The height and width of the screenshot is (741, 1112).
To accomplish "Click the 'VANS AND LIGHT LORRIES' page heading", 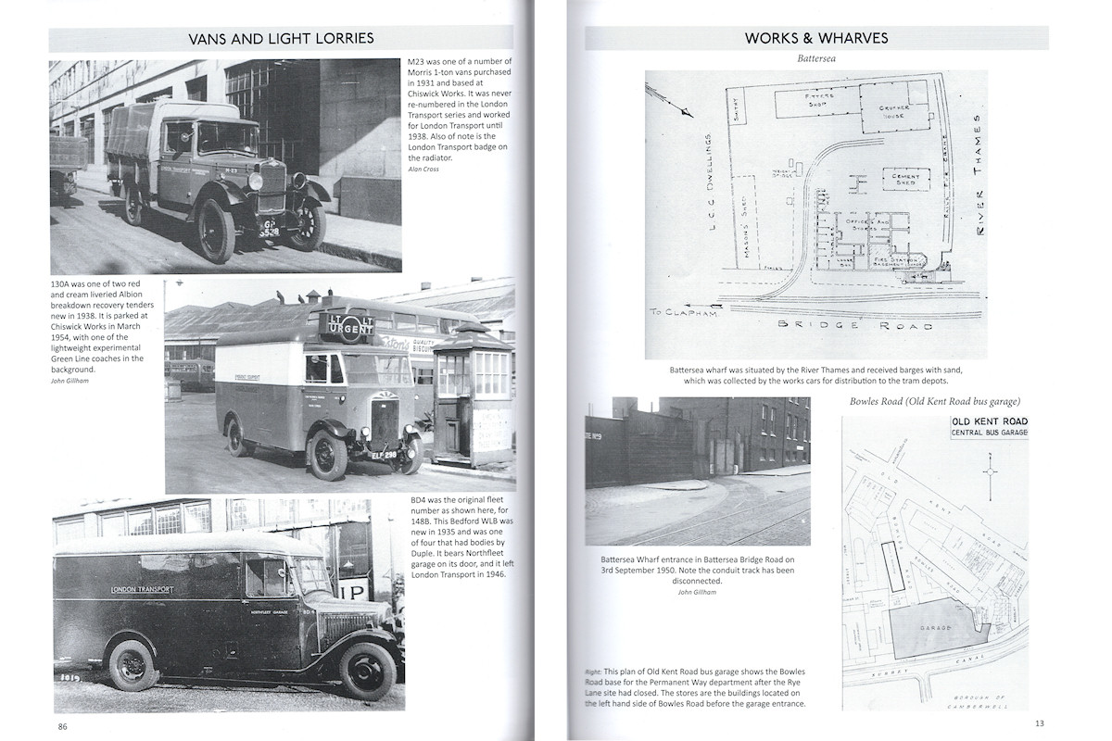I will point(281,38).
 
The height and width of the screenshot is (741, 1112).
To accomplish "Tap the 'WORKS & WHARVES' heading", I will point(816,38).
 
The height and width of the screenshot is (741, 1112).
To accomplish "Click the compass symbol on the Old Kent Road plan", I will point(991,472).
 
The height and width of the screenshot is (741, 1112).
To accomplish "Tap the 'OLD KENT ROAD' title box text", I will point(989,423).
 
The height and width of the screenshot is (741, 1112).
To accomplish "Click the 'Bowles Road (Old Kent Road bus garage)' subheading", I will point(935,401).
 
